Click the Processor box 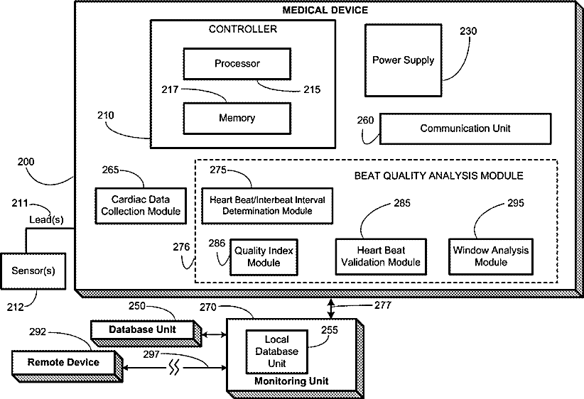pos(237,64)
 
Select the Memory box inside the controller pos(237,119)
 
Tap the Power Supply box pos(404,60)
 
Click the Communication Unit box pos(465,129)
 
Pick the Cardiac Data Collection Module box pos(141,206)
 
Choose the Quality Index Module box pos(264,257)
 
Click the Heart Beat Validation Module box pos(381,256)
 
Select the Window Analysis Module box pos(491,256)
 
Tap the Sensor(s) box pos(33,271)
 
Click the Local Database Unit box pos(277,351)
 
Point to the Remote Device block pos(67,366)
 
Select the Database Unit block pos(146,333)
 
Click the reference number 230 pos(468,31)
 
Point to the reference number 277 pos(383,305)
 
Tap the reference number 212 pos(15,307)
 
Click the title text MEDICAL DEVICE pos(325,10)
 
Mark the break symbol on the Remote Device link pos(174,367)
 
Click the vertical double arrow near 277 pos(331,309)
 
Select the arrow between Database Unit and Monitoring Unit pos(214,335)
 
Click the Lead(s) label pos(46,220)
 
